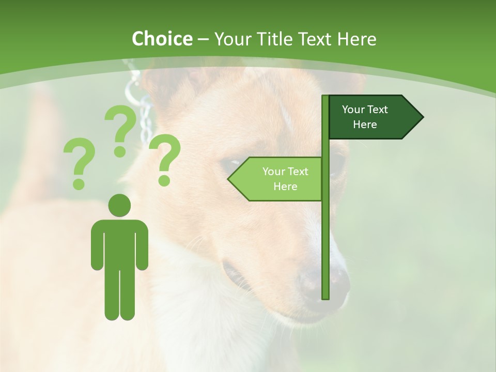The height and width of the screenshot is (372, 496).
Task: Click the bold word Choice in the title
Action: coord(162,39)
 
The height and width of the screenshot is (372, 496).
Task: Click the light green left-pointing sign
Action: coord(279,179)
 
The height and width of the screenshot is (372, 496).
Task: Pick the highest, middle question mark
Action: coord(120,131)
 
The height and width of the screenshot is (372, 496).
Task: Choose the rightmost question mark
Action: coord(165,159)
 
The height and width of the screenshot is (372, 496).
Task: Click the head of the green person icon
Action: coord(119,205)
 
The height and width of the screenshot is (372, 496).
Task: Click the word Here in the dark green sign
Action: coord(365,125)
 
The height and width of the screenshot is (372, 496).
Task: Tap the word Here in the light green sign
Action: coord(285,187)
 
